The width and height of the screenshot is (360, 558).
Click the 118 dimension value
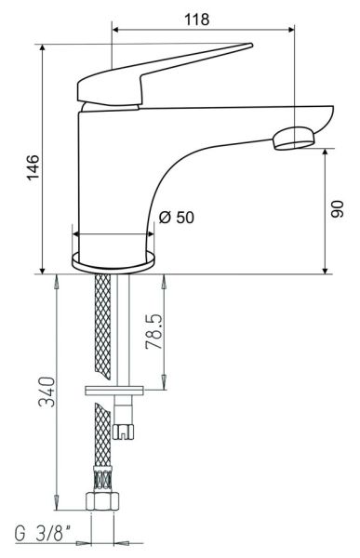coord(196,20)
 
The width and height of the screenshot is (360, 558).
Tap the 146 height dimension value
coord(33,167)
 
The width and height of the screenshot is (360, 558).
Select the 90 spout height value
coord(338,209)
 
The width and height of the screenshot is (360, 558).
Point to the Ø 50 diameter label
coord(177,218)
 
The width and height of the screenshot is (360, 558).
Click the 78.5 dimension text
coord(153,331)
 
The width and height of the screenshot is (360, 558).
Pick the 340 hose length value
coord(47,392)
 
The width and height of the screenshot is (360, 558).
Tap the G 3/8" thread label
coord(42,534)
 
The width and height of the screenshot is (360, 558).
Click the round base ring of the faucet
coord(113,262)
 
